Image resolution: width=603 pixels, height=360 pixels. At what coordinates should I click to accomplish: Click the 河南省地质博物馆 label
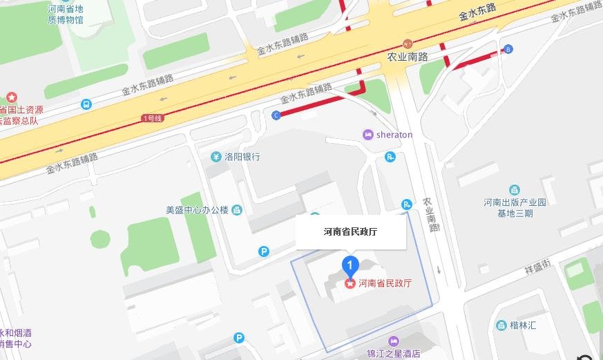coord(66,15)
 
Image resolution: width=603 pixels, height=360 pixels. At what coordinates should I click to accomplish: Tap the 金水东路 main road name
coord(477,12)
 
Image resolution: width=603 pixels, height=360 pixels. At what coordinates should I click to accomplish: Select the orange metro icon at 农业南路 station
coord(408,44)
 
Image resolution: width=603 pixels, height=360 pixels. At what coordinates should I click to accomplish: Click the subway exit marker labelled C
coord(277,115)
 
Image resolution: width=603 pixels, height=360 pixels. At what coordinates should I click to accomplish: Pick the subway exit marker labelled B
coord(508,49)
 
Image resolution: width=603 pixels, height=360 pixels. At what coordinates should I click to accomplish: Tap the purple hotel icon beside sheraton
coord(368,135)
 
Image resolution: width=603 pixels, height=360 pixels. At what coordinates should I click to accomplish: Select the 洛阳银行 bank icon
coord(216,157)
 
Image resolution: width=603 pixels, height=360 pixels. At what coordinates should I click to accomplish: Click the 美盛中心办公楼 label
coord(197,210)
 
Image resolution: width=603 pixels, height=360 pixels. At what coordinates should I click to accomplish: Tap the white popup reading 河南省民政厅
coord(350,232)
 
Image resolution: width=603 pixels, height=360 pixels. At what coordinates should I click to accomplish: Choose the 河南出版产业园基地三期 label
coord(515,207)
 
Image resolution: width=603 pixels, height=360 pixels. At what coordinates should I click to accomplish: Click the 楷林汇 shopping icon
coord(501,325)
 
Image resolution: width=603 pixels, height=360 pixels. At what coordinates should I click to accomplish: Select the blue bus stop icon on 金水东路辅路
coord(86,104)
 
